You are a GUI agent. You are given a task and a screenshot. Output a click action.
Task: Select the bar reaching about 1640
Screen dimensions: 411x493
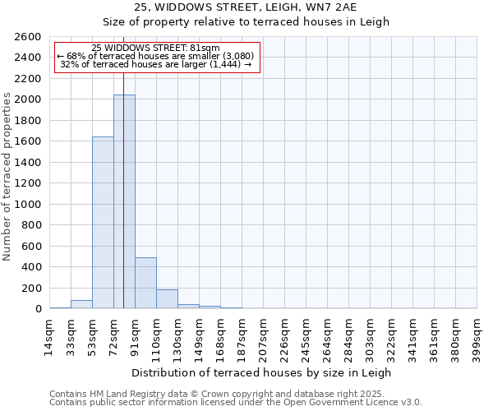point(103,222)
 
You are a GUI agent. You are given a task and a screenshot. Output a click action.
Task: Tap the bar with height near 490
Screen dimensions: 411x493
point(145,283)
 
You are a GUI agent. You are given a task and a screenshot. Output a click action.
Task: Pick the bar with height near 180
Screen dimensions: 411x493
point(167,299)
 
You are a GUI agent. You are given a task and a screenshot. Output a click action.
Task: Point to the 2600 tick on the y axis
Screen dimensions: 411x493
point(28,38)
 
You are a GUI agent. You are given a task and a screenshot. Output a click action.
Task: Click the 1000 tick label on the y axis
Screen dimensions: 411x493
point(28,205)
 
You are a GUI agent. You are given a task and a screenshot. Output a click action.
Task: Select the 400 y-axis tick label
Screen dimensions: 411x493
point(31,267)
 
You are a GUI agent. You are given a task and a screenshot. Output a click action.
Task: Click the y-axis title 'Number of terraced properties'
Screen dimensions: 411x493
point(8,177)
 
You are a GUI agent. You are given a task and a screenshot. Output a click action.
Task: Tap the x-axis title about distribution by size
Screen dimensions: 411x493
point(262,372)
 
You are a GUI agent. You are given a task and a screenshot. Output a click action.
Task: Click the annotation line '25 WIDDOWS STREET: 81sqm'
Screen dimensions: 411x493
point(156,48)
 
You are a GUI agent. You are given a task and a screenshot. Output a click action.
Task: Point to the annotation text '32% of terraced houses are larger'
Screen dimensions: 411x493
point(156,64)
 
